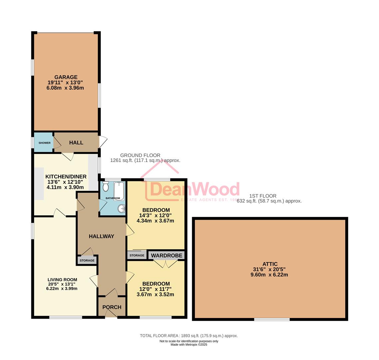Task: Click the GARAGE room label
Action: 66,77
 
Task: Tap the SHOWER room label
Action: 44,143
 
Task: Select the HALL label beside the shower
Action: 76,143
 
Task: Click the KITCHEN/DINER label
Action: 66,177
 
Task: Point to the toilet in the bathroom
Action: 106,187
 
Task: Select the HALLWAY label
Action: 101,236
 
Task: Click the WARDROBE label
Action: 167,256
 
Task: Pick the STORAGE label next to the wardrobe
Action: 137,256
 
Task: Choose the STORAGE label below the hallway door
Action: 87,260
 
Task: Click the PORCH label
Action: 112,307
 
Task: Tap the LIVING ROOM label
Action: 62,280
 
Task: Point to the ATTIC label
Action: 270,264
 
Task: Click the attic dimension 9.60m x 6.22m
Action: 270,275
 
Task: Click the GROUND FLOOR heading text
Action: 140,155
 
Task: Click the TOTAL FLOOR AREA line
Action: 189,336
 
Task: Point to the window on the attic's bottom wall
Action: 272,319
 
